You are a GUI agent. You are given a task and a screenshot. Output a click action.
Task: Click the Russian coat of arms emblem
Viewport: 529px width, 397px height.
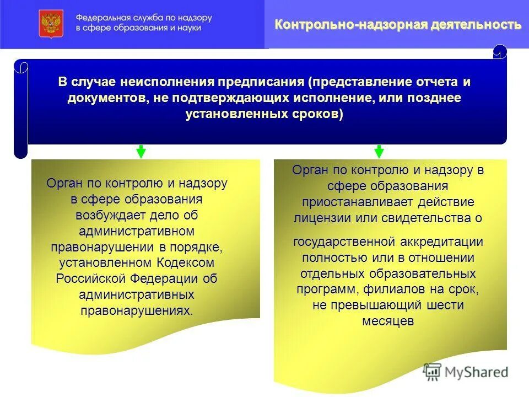51,23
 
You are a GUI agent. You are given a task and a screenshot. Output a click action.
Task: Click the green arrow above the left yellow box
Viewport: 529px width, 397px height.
141,151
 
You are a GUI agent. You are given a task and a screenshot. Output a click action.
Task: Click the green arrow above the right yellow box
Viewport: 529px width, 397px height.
379,151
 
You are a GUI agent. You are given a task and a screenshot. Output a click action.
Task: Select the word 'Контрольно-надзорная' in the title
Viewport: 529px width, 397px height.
352,25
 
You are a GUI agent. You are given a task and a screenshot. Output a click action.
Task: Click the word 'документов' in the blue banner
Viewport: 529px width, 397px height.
104,98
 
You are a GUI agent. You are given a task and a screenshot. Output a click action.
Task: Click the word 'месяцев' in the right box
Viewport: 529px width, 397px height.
388,321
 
